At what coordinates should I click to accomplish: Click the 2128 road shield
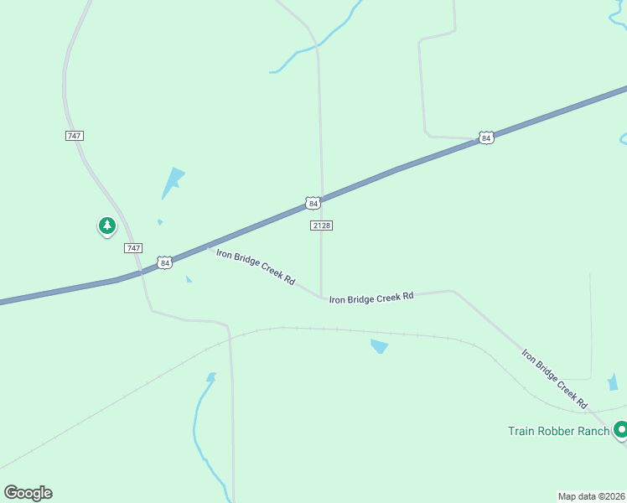point(321,226)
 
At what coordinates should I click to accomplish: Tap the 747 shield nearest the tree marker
point(132,248)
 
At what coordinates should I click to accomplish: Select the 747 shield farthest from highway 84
point(75,136)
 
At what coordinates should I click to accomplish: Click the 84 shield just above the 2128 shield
point(313,203)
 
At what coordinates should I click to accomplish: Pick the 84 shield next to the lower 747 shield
point(165,263)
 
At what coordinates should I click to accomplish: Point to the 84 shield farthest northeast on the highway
point(486,137)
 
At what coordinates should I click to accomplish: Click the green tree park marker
point(106,226)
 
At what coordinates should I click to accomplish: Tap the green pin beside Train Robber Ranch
point(620,430)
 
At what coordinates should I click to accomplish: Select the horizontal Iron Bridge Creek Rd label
point(371,298)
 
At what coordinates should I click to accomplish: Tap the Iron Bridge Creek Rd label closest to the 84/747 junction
point(255,267)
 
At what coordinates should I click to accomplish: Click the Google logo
point(28,493)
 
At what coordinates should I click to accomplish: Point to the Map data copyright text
point(591,495)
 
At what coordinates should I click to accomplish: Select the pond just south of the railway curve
point(380,345)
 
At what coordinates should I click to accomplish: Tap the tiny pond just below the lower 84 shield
point(189,279)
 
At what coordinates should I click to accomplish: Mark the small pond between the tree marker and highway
point(160,222)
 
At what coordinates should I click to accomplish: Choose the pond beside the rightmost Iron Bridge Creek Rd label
point(613,382)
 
